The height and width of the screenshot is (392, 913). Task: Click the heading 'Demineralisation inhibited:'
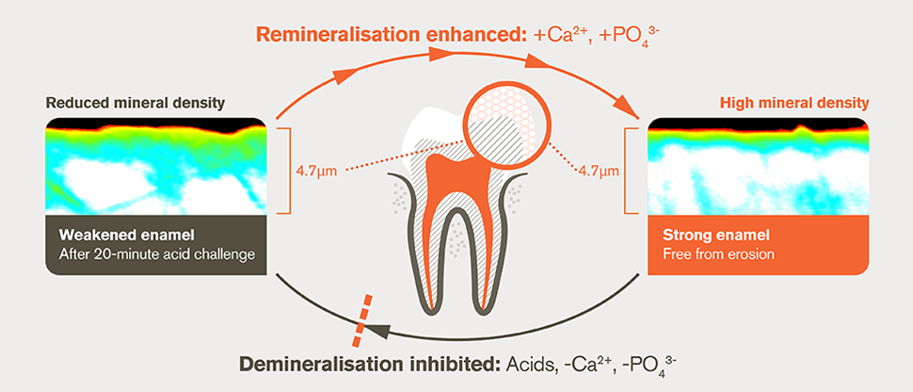(363, 365)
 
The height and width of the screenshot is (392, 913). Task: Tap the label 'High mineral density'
(794, 102)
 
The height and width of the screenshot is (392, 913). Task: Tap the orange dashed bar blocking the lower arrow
(361, 321)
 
